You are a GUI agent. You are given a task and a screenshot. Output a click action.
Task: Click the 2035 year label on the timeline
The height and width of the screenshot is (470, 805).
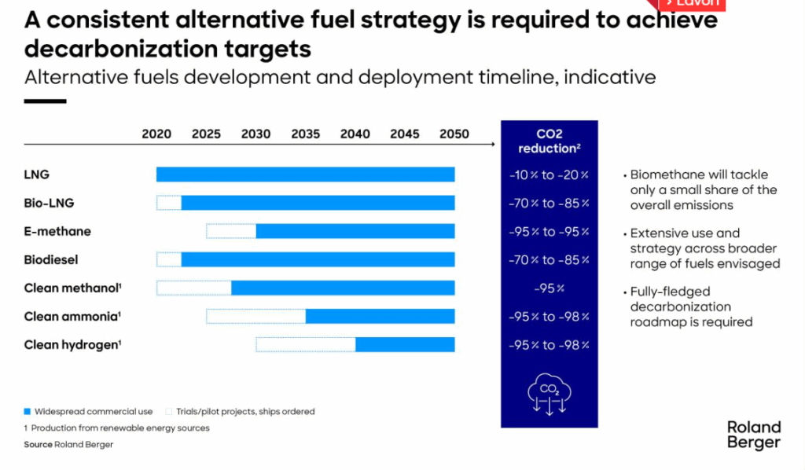(305, 134)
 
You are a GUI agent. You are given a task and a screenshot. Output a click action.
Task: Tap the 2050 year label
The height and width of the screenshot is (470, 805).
(454, 134)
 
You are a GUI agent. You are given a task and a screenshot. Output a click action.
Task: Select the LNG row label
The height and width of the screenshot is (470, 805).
(36, 174)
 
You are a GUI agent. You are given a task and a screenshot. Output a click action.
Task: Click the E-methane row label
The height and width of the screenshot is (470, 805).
(57, 231)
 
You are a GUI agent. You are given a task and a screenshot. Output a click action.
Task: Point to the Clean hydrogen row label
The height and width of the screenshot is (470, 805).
(72, 344)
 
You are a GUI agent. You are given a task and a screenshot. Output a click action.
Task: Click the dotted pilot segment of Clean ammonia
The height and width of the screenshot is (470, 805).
(255, 316)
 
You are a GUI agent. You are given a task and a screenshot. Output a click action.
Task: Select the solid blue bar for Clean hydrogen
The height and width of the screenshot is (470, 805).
(405, 344)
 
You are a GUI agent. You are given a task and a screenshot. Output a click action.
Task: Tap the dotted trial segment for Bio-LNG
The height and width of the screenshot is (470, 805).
(169, 203)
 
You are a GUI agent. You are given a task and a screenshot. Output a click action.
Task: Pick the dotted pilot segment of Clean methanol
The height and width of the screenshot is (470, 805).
(193, 288)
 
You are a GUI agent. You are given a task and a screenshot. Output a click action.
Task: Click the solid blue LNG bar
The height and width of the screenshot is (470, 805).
(305, 174)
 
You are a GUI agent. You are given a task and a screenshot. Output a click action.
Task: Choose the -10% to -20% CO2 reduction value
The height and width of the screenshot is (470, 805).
(549, 174)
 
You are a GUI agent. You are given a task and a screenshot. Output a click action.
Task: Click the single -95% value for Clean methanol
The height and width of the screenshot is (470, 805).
(549, 288)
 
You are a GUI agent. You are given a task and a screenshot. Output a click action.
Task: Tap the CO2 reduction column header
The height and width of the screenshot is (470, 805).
(549, 141)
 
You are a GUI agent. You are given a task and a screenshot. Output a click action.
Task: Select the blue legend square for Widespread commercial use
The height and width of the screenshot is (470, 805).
(28, 411)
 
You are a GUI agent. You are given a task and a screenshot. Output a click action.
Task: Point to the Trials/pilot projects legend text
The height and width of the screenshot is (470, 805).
(244, 411)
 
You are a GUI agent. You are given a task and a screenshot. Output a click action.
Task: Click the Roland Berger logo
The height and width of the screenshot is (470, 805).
(753, 435)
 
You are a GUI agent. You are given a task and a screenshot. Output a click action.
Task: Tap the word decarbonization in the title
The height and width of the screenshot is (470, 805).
(101, 49)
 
